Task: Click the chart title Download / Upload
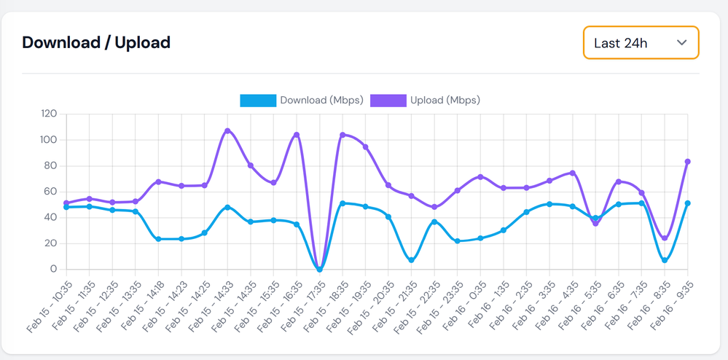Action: [96, 42]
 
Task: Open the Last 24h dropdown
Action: [640, 42]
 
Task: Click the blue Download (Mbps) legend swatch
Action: [258, 101]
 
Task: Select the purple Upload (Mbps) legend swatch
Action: [388, 101]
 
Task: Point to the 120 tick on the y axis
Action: [49, 114]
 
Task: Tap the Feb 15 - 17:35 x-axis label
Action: [303, 306]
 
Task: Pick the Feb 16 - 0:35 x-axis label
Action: [464, 306]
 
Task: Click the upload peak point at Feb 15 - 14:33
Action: [227, 130]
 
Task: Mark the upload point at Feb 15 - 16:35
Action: [297, 135]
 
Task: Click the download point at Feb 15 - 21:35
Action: [412, 260]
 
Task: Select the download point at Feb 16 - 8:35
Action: [665, 260]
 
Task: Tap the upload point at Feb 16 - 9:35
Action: [687, 162]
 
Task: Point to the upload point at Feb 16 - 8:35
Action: [665, 238]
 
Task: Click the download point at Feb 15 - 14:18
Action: [158, 239]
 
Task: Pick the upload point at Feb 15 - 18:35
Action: [343, 135]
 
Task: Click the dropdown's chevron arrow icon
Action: [681, 42]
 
